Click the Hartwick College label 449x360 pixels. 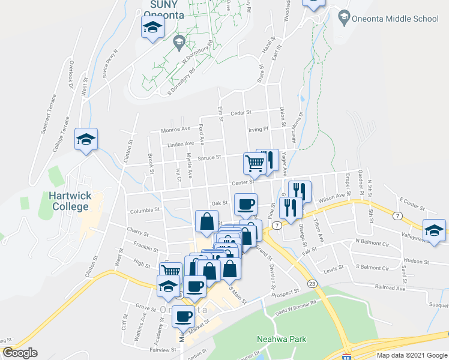pyautogui.click(x=70, y=201)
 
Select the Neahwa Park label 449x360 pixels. pyautogui.click(x=282, y=339)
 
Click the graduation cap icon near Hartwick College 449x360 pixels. pyautogui.click(x=86, y=140)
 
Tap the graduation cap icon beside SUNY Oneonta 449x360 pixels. pyautogui.click(x=152, y=27)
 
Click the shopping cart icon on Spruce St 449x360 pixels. pyautogui.click(x=255, y=163)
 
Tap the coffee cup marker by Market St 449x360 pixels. pyautogui.click(x=184, y=315)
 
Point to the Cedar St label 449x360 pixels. pyautogui.click(x=240, y=112)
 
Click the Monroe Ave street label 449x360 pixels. pyautogui.click(x=175, y=130)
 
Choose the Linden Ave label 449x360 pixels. pyautogui.click(x=181, y=144)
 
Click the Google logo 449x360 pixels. pyautogui.click(x=20, y=353)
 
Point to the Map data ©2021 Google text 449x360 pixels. pyautogui.click(x=411, y=355)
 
